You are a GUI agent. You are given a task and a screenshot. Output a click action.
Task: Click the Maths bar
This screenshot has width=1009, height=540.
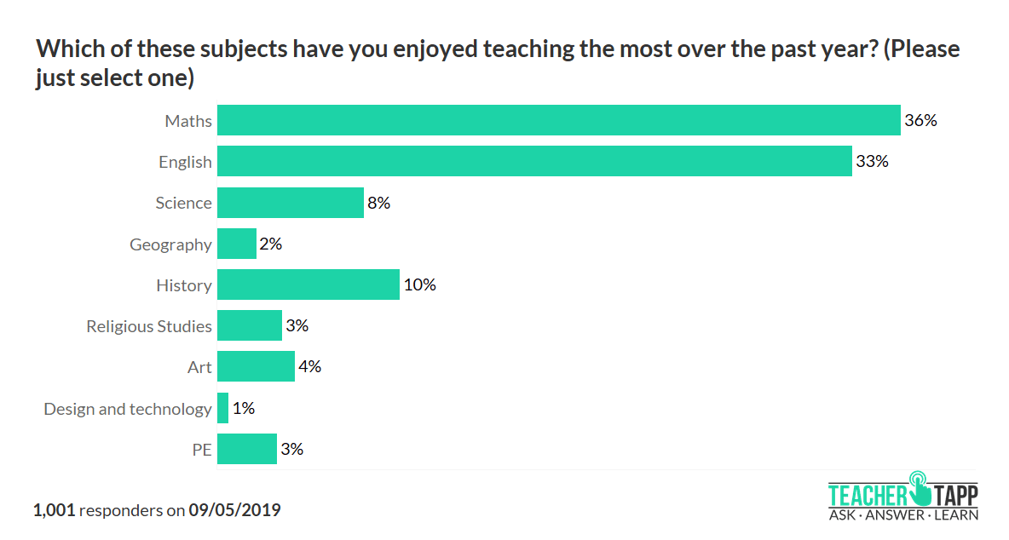[558, 120]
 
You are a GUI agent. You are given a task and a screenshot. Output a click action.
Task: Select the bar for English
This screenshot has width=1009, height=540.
[534, 161]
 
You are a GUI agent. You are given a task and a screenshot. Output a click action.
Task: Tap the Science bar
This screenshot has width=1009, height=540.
[291, 203]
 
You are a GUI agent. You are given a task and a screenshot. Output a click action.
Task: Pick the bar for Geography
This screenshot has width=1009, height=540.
[237, 244]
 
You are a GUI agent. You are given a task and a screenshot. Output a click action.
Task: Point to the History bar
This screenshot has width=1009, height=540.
[308, 284]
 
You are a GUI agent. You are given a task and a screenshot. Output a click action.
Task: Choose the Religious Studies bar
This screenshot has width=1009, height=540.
[250, 325]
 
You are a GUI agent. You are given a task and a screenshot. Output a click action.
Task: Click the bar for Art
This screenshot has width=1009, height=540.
[256, 367]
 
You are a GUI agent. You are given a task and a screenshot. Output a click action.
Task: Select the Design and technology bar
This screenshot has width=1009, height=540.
[223, 408]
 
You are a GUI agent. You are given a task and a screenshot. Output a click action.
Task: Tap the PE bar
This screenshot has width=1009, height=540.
[247, 449]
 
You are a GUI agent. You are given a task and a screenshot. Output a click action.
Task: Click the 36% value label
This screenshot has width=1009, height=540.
[921, 120]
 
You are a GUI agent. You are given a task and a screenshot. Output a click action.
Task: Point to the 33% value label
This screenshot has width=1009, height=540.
[873, 161]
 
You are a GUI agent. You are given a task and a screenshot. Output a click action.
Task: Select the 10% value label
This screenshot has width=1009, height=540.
[420, 284]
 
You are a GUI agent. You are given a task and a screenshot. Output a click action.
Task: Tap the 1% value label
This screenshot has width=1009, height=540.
[244, 408]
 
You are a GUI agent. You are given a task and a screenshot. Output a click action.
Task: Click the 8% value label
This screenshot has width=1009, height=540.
[379, 203]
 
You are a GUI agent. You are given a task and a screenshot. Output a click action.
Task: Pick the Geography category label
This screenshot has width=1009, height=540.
[170, 244]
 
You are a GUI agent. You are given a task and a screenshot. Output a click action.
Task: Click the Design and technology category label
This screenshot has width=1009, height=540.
[128, 409]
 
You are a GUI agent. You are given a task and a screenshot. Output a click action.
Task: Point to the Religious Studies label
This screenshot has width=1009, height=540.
[149, 326]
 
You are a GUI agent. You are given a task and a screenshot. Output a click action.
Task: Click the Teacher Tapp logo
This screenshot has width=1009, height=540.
[903, 496]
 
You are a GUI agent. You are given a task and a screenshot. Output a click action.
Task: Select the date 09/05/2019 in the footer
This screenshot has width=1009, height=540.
[235, 510]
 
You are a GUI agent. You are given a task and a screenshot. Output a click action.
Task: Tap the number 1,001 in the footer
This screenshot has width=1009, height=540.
[55, 510]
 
